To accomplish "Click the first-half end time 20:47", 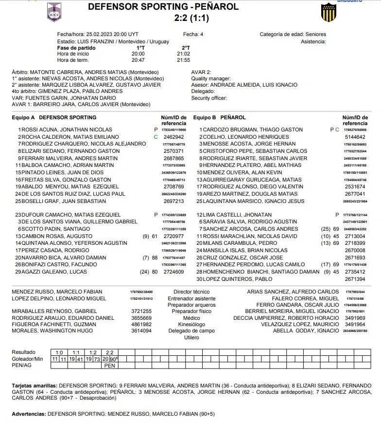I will (x=138, y=60).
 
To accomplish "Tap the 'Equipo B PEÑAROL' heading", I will (x=219, y=118).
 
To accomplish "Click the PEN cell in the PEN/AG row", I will (x=109, y=365).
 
